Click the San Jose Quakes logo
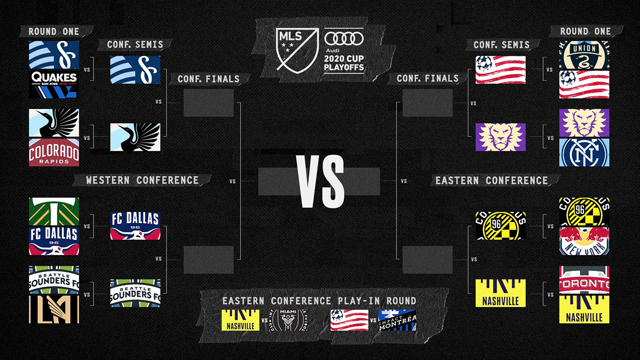point(54,83)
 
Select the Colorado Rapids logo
point(54,152)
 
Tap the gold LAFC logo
point(54,308)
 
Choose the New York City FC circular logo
point(584,152)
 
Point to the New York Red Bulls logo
point(584,240)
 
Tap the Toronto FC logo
point(584,280)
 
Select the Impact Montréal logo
point(397,320)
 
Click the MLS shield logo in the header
point(297,50)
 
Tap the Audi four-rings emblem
point(344,38)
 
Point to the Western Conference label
point(142,180)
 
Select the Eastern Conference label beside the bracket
point(491,180)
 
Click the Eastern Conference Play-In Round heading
point(319,300)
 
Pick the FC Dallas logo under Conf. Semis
point(135,225)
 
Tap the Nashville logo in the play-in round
point(241,320)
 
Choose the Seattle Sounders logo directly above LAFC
point(54,280)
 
